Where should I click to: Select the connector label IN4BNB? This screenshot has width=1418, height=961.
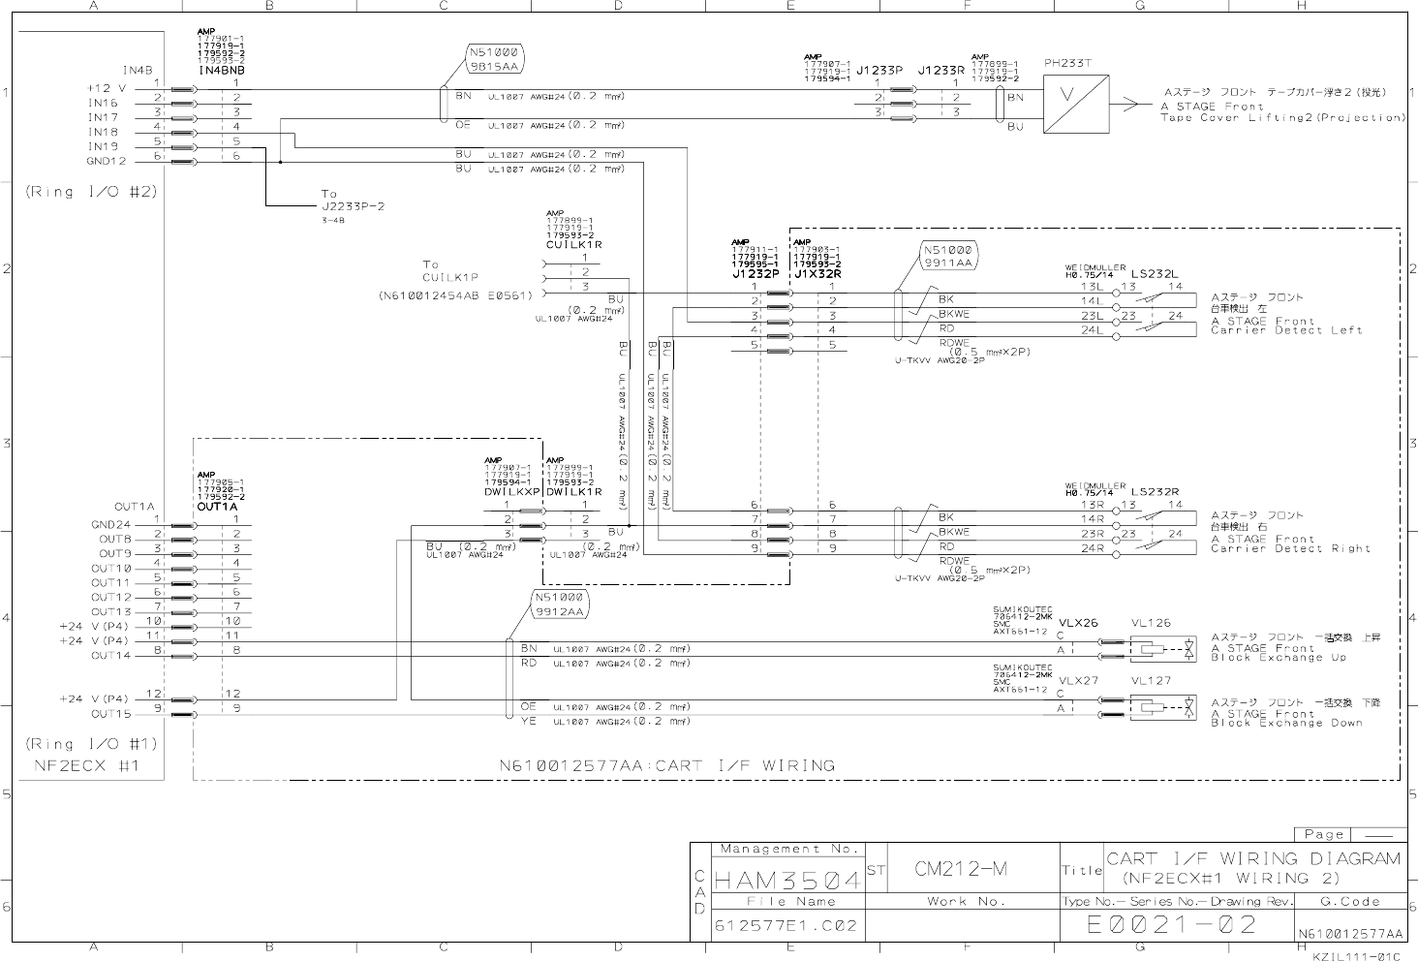pos(222,71)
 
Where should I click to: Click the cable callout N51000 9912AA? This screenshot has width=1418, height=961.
pos(560,604)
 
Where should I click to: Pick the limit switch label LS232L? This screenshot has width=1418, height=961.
pos(1155,273)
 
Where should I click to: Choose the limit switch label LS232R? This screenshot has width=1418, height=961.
pos(1155,492)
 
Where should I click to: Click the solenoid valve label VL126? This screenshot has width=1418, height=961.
pos(1151,624)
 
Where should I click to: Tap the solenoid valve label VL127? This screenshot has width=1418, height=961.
pos(1151,681)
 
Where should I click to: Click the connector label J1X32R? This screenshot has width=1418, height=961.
pos(817,273)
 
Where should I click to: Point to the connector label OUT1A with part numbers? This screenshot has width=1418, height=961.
pos(217,506)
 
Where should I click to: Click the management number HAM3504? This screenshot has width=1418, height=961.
pos(786,881)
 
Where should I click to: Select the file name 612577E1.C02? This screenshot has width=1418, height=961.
pos(786,925)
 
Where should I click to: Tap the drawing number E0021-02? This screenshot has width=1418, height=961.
pos(1171,925)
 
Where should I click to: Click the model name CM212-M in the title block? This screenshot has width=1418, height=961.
pos(961,869)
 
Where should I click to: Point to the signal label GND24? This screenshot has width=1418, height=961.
pos(111,525)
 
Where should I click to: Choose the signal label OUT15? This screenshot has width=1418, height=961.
pos(111,714)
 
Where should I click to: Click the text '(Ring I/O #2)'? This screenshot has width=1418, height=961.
pos(91,192)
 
